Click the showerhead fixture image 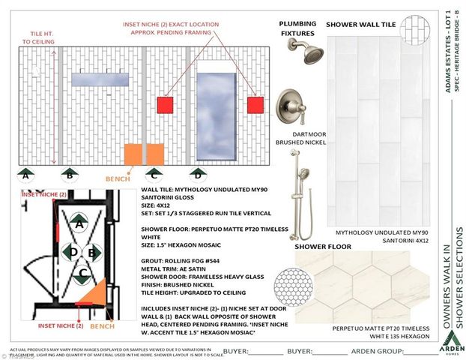[307, 52]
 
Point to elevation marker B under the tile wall [68, 176]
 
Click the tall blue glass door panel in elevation [215, 108]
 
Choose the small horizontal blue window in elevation [100, 80]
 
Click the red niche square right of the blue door [256, 104]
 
